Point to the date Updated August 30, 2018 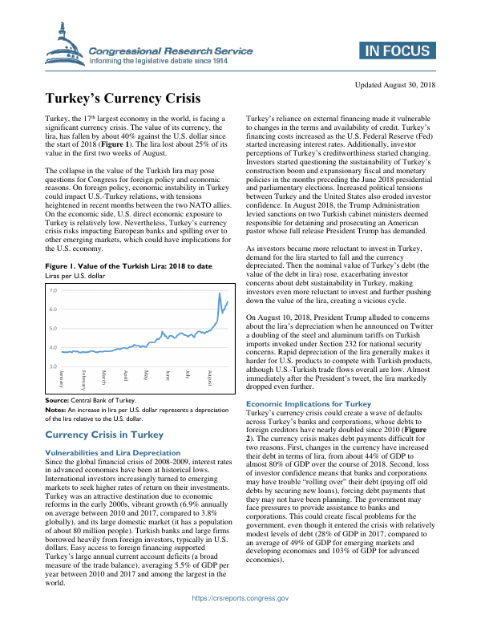[x=394, y=84]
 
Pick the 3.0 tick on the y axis [x=53, y=366]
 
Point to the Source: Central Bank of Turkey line [x=91, y=400]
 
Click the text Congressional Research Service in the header [x=171, y=51]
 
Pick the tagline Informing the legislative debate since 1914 [x=171, y=60]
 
